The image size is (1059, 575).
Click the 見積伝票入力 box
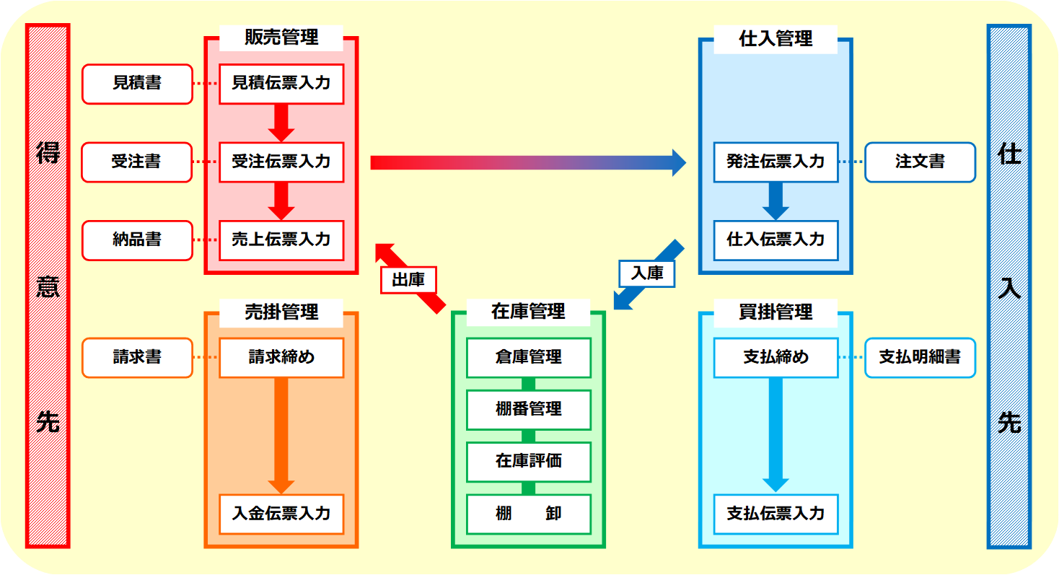point(281,84)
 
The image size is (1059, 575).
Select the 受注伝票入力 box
point(281,162)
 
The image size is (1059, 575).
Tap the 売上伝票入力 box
point(281,240)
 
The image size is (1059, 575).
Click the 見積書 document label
point(137,84)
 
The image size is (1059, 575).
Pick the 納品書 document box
point(137,240)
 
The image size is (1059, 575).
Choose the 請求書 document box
point(137,357)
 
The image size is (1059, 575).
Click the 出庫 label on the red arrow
point(408,280)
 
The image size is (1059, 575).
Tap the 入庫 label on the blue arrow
point(646,273)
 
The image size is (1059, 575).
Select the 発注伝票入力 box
point(775,162)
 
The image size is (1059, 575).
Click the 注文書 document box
point(920,162)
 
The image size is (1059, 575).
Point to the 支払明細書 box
point(920,357)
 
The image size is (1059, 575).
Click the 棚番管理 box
point(528,409)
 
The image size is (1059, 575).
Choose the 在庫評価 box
point(528,461)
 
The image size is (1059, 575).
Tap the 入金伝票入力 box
point(281,514)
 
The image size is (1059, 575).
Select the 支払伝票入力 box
point(775,514)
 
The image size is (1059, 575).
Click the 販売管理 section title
point(281,38)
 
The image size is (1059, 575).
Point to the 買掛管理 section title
point(775,312)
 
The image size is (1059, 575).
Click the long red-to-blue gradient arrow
point(527,162)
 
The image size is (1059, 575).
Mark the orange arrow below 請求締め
point(281,433)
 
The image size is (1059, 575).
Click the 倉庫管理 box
point(528,357)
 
